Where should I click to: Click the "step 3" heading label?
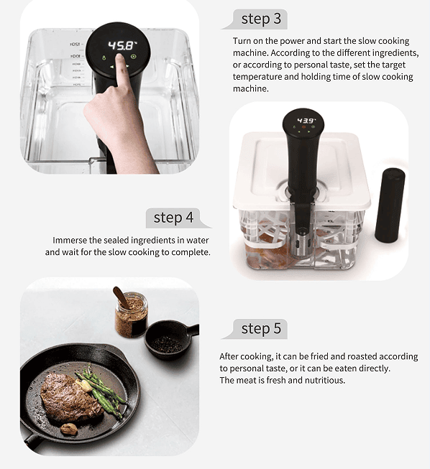pos(261,19)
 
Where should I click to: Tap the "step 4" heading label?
pos(173,218)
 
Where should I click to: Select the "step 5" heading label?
pos(261,328)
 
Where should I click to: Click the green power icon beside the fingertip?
pos(134,56)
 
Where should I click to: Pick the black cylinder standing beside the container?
pos(390,205)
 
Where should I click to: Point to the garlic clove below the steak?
pos(69,429)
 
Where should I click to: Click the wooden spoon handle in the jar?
pos(121,297)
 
